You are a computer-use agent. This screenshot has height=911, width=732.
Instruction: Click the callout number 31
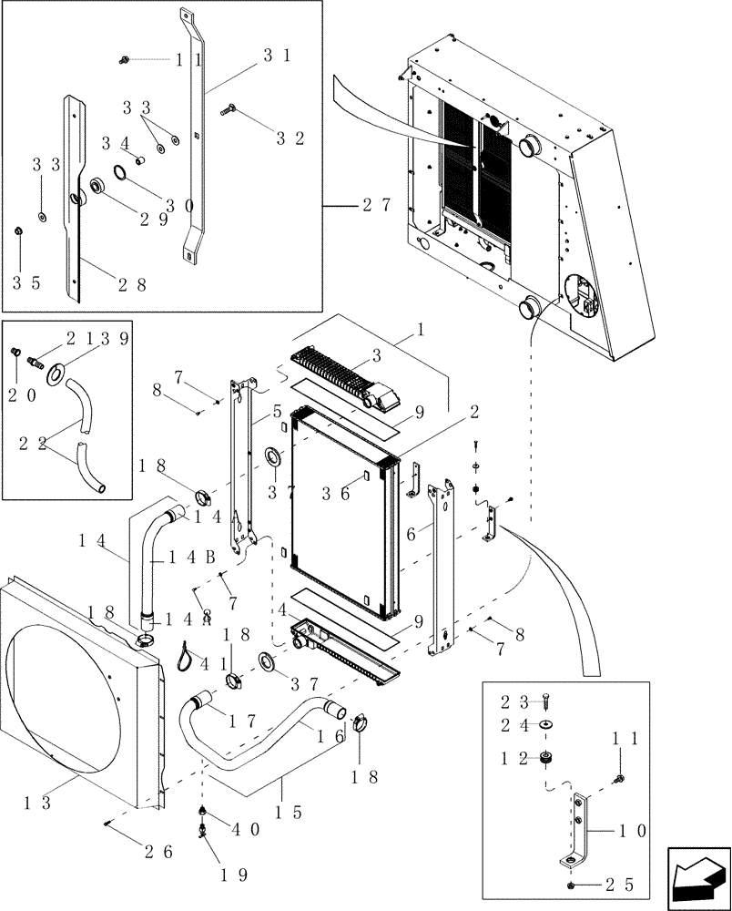pos(277,56)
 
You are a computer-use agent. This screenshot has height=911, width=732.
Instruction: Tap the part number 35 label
pos(25,283)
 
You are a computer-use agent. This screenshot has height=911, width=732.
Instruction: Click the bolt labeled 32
pos(227,109)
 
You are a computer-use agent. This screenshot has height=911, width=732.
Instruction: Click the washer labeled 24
pos(545,725)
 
